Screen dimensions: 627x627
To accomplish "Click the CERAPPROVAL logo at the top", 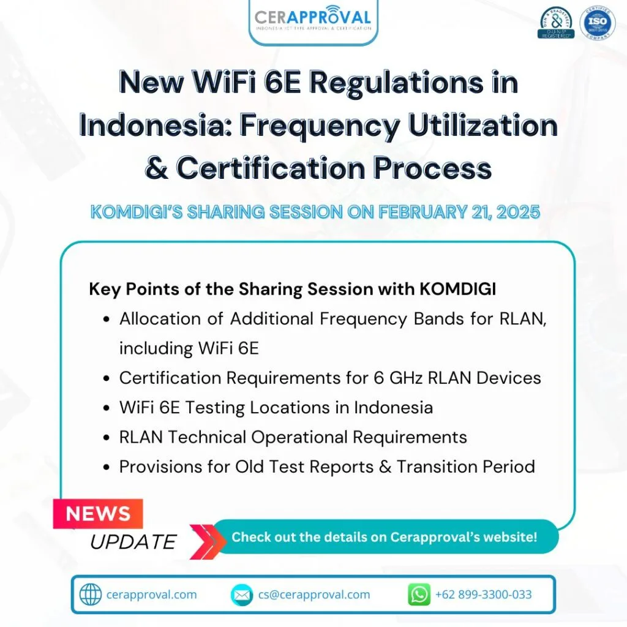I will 313,18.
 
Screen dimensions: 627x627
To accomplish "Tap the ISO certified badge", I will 598,23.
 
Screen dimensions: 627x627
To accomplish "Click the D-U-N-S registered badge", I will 556,23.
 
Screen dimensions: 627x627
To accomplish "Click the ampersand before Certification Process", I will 157,168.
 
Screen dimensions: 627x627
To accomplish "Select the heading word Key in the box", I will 103,289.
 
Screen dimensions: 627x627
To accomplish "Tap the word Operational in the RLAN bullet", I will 304,437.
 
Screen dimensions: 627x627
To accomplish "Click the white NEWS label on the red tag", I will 98,513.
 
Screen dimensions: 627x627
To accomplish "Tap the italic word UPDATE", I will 133,541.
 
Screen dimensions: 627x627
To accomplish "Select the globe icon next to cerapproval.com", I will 91,595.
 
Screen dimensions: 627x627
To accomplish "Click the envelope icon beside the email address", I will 242,595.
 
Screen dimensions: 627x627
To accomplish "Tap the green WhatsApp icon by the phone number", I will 419,595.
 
